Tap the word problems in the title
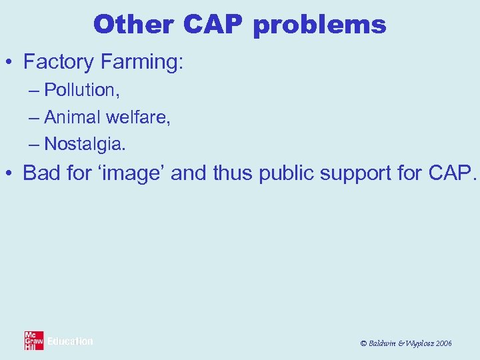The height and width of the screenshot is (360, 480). [x=320, y=25]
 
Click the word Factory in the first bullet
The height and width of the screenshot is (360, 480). [x=59, y=62]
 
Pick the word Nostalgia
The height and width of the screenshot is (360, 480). [x=84, y=143]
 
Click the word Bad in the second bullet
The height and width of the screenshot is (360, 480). [x=40, y=173]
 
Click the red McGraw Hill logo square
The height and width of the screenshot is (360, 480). [x=34, y=341]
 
